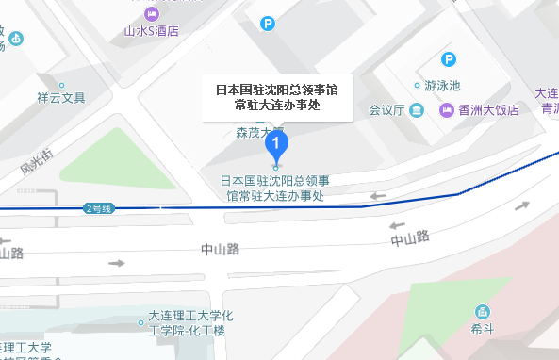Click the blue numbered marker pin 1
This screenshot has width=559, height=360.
pyautogui.click(x=275, y=145)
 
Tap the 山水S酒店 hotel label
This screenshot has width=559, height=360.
pyautogui.click(x=152, y=30)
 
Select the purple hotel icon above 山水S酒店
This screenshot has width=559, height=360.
pyautogui.click(x=152, y=12)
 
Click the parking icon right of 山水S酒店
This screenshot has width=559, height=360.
pyautogui.click(x=269, y=23)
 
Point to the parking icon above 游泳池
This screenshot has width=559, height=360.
pyautogui.click(x=450, y=60)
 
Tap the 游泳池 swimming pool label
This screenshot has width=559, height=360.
pyautogui.click(x=441, y=85)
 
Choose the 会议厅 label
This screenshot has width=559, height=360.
pyautogui.click(x=386, y=110)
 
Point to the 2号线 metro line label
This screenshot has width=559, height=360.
pyautogui.click(x=98, y=207)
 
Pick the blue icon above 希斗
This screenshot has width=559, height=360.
pyautogui.click(x=483, y=312)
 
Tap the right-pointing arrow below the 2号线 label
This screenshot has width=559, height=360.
pyautogui.click(x=116, y=262)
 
